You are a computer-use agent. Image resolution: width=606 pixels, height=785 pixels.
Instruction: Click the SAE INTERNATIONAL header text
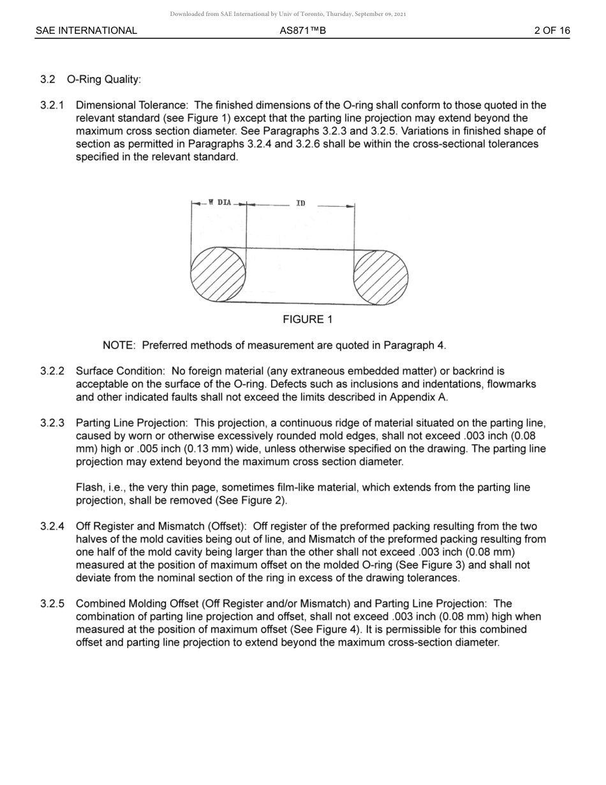click(86, 31)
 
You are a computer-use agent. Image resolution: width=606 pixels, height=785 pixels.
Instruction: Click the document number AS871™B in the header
click(302, 31)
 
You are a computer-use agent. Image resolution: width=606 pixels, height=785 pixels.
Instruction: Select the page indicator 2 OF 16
click(552, 31)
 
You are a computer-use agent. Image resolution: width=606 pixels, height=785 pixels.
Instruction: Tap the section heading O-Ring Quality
click(103, 80)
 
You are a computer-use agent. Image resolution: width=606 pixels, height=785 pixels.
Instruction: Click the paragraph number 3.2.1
click(52, 105)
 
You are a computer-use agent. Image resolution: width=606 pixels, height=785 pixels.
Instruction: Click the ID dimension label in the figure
click(300, 204)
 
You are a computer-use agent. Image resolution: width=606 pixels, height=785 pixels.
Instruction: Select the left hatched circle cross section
click(218, 275)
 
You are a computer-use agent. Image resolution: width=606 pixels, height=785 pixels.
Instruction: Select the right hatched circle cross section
click(381, 278)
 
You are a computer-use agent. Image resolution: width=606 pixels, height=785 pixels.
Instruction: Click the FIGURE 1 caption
click(307, 320)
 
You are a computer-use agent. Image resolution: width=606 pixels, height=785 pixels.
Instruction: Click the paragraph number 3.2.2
click(52, 371)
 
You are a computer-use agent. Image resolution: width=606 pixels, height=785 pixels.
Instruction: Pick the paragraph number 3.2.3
click(52, 423)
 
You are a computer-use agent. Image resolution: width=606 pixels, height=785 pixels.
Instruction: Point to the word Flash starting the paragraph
click(89, 488)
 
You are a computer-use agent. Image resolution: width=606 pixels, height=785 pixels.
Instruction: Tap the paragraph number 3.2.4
click(52, 527)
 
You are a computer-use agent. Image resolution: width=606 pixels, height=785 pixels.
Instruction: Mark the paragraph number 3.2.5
click(52, 604)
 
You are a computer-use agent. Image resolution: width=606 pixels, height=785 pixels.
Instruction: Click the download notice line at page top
click(288, 14)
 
